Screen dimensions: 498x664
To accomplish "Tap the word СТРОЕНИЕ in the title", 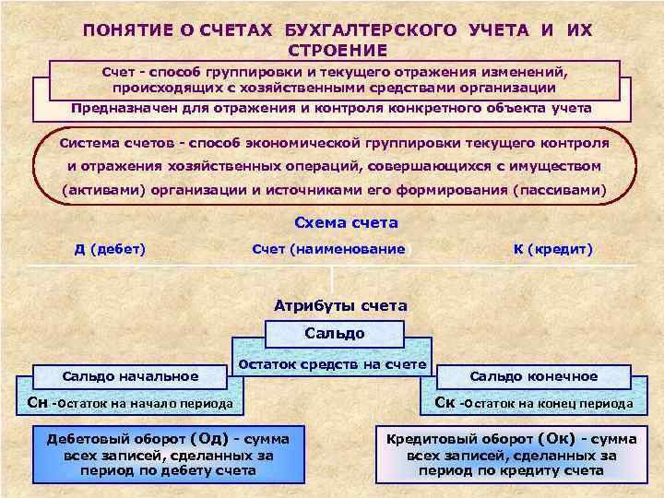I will (338, 49).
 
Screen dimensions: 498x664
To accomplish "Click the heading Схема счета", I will (346, 222).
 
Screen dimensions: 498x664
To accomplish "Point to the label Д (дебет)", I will (110, 249).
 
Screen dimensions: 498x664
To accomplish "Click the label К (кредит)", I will (553, 249).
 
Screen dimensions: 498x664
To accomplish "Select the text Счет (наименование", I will (328, 249).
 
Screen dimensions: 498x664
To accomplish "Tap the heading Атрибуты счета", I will (341, 305).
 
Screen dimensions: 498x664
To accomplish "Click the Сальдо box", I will (334, 333).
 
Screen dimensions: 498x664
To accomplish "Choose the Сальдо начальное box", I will (130, 376).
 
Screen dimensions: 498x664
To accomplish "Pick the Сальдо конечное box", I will (534, 376).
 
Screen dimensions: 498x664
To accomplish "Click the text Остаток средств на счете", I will (333, 364).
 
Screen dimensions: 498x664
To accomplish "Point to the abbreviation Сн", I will (38, 402).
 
